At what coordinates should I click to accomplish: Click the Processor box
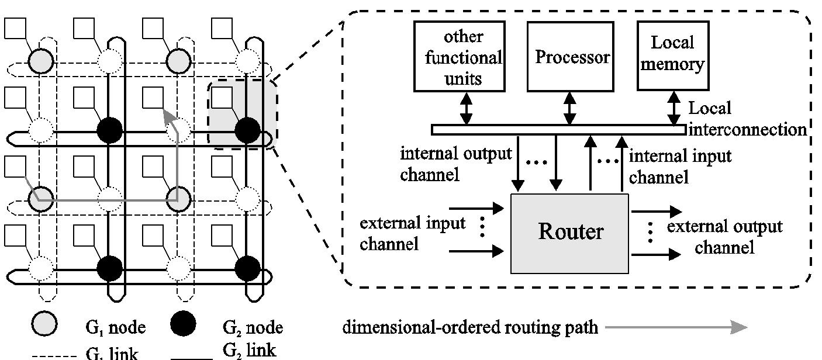(x=570, y=57)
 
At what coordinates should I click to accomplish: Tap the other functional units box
(x=460, y=57)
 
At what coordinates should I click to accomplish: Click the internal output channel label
(x=455, y=164)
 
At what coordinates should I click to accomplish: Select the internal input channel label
(x=679, y=166)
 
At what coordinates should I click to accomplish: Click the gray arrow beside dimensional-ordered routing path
(x=676, y=328)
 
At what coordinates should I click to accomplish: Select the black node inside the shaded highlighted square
(x=247, y=129)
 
